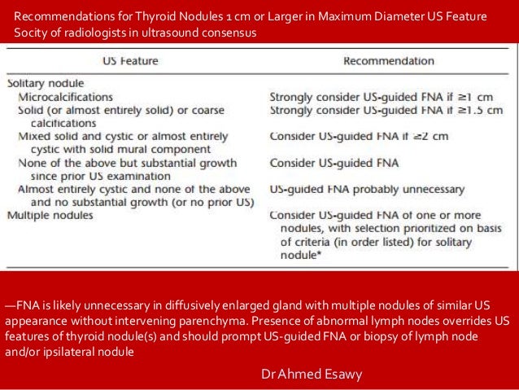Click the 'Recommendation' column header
click(388, 61)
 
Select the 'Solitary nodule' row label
click(45, 84)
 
